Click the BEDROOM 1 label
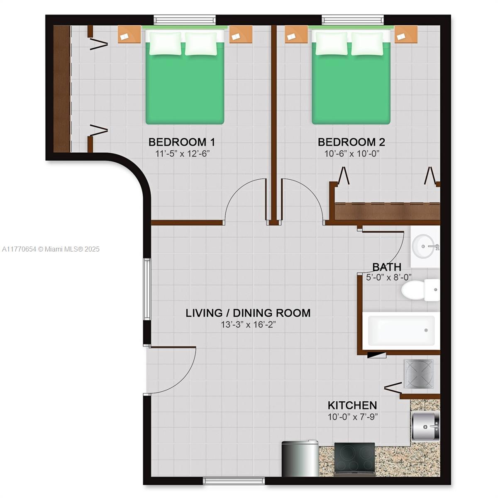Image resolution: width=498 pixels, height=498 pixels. [x=182, y=142]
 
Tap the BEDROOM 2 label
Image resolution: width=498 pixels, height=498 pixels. [x=352, y=142]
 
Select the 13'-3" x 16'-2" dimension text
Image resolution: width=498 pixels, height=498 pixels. [x=248, y=325]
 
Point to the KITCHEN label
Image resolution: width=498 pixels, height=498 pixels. [x=352, y=405]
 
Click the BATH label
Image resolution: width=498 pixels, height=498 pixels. [x=387, y=267]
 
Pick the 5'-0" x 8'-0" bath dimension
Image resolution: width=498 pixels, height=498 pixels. [x=389, y=277]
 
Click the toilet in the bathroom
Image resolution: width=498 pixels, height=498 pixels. [x=420, y=290]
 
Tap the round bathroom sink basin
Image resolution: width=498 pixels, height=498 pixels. [x=423, y=247]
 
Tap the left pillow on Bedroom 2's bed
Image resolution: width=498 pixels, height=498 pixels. [x=331, y=44]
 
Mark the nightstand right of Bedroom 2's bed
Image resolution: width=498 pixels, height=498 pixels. [x=406, y=34]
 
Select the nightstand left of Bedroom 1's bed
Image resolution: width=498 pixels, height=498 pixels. [x=129, y=34]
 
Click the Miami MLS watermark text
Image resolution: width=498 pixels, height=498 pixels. [x=51, y=249]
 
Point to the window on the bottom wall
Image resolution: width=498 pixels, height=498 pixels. [x=234, y=481]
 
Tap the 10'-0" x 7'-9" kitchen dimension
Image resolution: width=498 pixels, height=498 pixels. [x=353, y=417]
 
